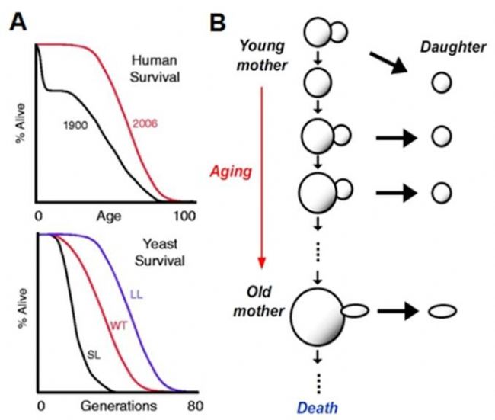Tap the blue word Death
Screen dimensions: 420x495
318,406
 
